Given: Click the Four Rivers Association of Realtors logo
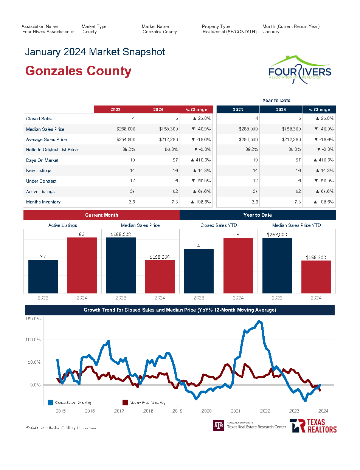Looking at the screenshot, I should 299,70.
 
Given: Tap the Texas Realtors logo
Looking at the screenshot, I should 313,426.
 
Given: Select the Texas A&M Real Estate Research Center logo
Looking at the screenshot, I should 250,425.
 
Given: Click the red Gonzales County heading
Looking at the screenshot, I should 78,71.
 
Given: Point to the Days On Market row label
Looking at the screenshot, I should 42,160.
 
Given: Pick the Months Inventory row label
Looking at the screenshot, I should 43,202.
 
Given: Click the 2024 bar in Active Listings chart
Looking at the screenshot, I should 82,265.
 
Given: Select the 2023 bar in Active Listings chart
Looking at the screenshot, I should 43,276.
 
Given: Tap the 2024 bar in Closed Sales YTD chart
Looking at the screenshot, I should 238,265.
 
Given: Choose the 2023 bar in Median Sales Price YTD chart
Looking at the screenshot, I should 277,265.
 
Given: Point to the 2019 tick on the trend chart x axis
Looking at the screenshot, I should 177,411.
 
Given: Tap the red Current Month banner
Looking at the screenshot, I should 101,215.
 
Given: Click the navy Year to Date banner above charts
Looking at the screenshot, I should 258,215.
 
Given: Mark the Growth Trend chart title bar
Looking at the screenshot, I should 180,310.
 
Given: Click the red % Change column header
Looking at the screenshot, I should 196,110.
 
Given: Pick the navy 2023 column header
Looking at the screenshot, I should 238,110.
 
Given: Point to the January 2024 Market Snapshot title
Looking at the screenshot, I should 95,52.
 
